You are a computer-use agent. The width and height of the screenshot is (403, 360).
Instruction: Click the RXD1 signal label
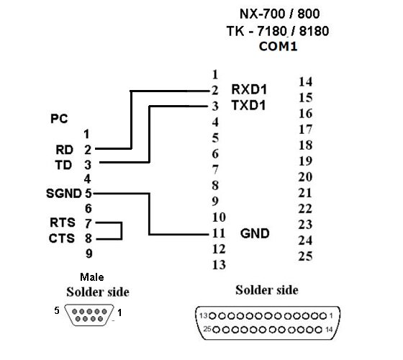click(x=249, y=89)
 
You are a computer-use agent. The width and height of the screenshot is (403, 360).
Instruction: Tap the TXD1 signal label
click(x=248, y=105)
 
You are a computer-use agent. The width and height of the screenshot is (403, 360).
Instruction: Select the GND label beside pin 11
click(x=255, y=234)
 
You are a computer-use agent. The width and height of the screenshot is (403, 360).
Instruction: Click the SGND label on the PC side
click(x=64, y=194)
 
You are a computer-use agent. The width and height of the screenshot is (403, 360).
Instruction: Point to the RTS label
click(x=63, y=222)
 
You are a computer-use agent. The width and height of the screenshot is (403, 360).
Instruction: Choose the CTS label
click(x=62, y=238)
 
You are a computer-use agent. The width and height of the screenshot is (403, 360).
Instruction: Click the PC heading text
click(x=59, y=119)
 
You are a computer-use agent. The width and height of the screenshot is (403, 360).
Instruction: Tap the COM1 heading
click(x=278, y=47)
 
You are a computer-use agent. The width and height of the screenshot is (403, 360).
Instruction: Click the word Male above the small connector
click(x=92, y=277)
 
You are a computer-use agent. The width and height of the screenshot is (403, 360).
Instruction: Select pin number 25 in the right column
click(x=305, y=256)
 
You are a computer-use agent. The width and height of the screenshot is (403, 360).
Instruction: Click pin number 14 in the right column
click(x=305, y=82)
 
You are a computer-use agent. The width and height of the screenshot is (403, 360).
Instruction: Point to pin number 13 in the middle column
click(x=219, y=265)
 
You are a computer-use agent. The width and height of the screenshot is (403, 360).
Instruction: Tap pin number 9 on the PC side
click(x=89, y=254)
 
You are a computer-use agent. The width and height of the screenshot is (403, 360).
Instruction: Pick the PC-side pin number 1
click(x=86, y=134)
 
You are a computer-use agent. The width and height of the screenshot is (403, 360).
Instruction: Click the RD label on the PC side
click(x=65, y=150)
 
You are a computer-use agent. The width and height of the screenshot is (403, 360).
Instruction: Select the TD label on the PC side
click(x=63, y=165)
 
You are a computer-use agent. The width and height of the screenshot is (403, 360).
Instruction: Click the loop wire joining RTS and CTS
click(x=122, y=231)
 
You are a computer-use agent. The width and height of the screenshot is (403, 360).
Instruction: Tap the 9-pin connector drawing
click(x=89, y=315)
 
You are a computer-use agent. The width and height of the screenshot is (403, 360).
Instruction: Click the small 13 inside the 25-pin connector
click(x=204, y=315)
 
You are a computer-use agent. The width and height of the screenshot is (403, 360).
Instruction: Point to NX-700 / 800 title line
click(x=280, y=14)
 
